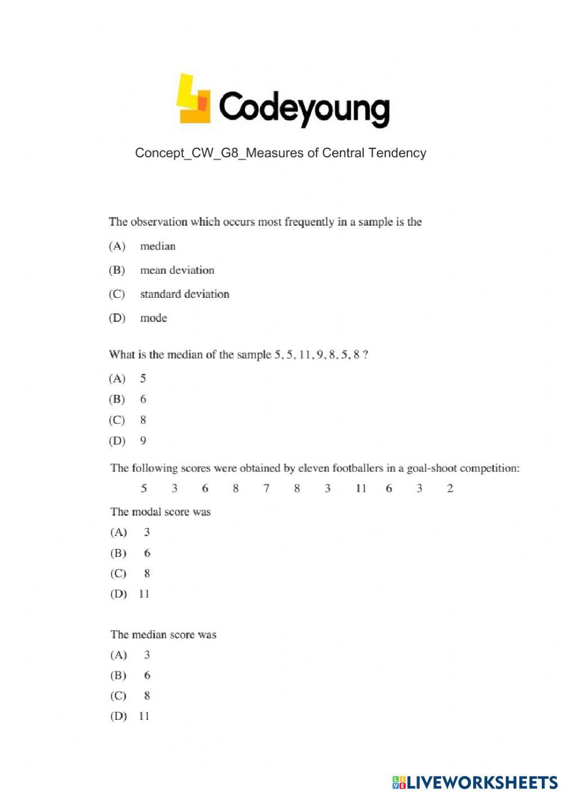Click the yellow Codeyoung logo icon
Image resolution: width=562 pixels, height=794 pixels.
coord(193,100)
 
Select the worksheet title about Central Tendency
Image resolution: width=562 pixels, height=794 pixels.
coord(280,153)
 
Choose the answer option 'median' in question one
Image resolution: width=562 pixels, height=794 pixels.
coord(157,246)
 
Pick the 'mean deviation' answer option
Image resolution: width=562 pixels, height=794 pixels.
coord(177,270)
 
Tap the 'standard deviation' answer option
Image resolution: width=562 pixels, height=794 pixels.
coord(184,294)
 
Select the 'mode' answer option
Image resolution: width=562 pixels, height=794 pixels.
coord(153,318)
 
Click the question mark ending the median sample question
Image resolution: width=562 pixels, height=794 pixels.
coord(365,355)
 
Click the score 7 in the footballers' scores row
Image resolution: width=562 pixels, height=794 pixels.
coord(266,488)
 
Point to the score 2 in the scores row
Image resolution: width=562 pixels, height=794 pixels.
coord(450,488)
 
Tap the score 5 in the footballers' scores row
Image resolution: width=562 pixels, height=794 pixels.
coord(144,488)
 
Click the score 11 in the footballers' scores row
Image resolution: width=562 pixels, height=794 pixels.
coord(360,488)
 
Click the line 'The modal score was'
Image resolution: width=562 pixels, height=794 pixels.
coord(161,512)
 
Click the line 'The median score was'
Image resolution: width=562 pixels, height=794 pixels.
coord(164,634)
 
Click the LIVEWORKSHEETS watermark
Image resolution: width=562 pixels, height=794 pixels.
coord(475,782)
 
